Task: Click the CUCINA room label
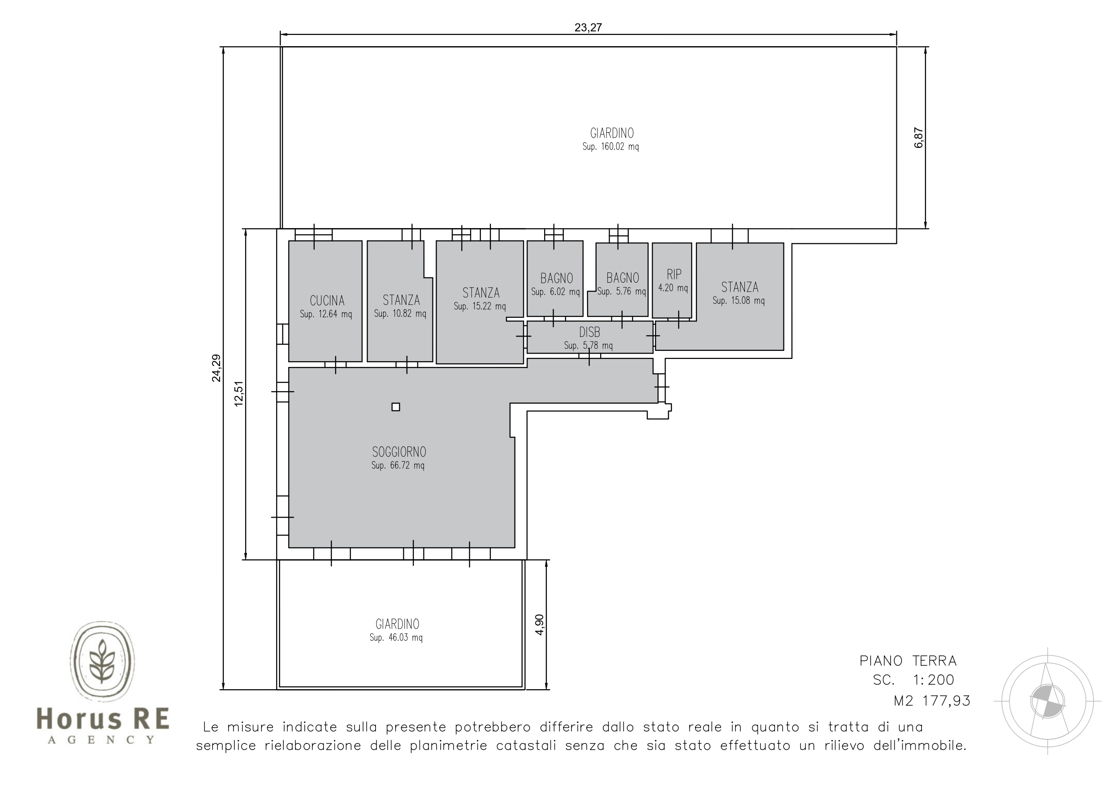click(327, 301)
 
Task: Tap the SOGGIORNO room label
click(399, 452)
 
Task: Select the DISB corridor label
click(589, 332)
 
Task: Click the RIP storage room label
click(674, 275)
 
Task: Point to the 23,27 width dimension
click(588, 28)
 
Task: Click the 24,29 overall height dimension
click(216, 368)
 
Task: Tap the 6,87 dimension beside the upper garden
click(919, 138)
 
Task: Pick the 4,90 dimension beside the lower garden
click(540, 624)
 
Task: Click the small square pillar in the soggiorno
click(396, 407)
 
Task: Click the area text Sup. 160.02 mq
click(611, 147)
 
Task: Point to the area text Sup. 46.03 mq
click(396, 638)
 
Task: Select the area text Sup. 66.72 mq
click(398, 466)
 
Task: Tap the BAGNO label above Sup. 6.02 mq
click(557, 278)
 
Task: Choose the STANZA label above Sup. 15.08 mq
click(740, 287)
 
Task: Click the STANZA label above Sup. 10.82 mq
click(401, 300)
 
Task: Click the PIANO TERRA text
click(908, 661)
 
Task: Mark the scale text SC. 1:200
click(913, 680)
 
